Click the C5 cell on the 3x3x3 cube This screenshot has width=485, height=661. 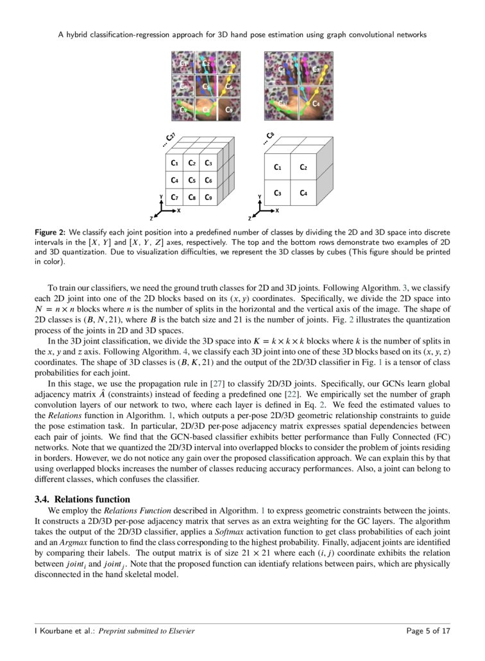[191, 181]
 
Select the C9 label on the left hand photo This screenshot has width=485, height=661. [228, 110]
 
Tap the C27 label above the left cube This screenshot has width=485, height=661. [169, 139]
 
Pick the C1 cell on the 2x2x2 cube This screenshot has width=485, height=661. [277, 167]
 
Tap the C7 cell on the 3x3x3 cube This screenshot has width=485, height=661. [174, 197]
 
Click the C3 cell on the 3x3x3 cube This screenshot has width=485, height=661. [208, 163]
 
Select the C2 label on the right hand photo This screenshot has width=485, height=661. [315, 69]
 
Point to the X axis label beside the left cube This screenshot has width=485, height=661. [178, 210]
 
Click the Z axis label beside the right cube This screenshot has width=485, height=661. [251, 219]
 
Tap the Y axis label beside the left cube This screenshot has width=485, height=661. [160, 196]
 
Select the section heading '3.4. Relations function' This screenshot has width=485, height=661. [82, 499]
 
